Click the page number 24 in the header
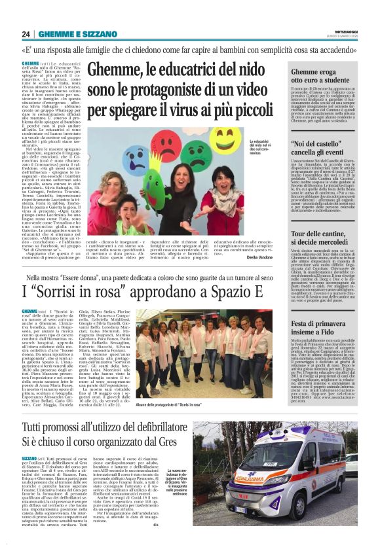tap(26, 34)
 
